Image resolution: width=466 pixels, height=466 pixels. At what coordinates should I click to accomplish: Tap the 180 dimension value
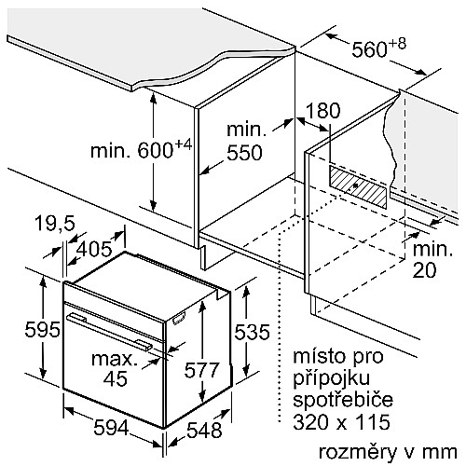coord(322,110)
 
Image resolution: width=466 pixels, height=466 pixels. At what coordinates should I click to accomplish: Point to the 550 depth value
coord(244,153)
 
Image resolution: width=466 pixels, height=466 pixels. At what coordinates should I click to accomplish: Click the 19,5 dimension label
coord(55,224)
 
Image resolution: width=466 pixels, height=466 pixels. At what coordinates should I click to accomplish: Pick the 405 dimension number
coord(94,249)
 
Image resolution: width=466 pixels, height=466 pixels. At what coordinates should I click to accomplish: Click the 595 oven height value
coord(42,330)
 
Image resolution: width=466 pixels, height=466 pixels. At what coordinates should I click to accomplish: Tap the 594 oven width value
coord(111,428)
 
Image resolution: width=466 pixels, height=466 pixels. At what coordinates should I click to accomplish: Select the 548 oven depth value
coord(204,431)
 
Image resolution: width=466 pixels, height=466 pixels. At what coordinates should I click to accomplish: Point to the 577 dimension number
coord(201,370)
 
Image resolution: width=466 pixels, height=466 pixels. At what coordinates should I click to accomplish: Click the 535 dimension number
coord(252,332)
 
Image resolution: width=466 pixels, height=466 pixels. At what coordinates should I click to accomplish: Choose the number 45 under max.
coord(116,378)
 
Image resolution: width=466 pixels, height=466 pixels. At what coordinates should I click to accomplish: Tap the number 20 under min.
coord(424,270)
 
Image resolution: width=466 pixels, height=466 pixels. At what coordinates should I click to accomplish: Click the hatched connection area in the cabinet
coord(358,186)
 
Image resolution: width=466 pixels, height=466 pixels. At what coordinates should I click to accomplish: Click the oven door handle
coord(109,332)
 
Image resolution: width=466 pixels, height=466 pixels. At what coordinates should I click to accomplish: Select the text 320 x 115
coord(342,421)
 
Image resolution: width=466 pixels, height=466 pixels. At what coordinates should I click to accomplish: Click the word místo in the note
coord(319,356)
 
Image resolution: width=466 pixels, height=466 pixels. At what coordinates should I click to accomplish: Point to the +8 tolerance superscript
coord(397,44)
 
